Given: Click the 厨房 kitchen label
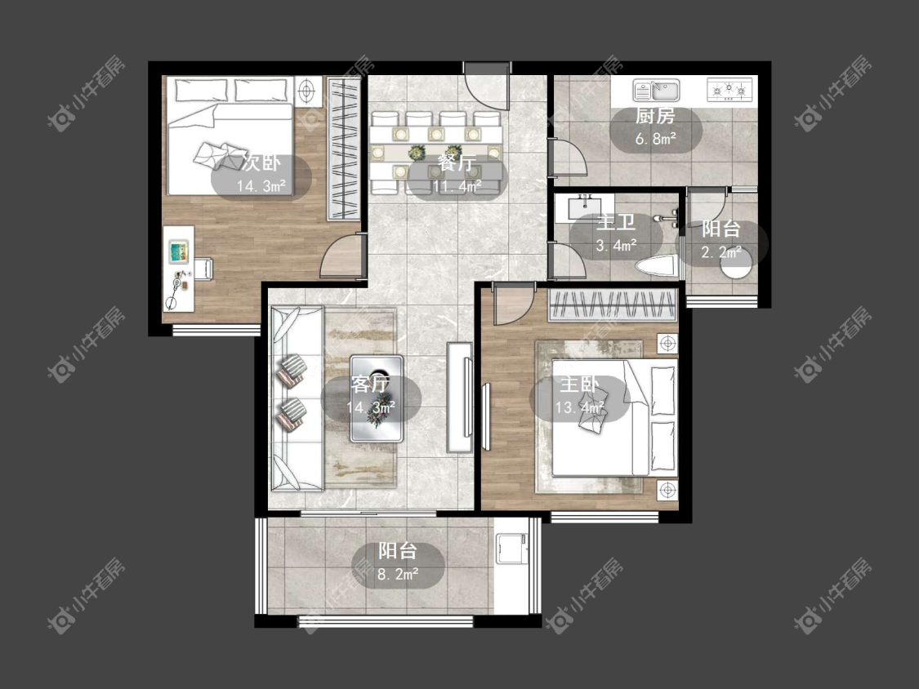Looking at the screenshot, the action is click(655, 116).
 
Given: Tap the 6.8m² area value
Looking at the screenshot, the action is click(656, 139).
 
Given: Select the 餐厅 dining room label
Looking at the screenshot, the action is click(457, 162).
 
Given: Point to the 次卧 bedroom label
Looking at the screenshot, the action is click(261, 163).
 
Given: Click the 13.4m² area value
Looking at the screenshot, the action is click(580, 407).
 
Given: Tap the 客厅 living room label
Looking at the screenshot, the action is click(370, 385).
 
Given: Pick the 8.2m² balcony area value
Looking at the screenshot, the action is click(398, 574).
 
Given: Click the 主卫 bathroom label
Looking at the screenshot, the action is click(616, 223).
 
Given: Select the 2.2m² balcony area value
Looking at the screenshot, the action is click(721, 252).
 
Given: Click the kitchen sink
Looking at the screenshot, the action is click(656, 91).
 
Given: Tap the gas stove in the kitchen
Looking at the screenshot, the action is click(729, 91).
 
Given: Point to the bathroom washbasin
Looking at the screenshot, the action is click(584, 207).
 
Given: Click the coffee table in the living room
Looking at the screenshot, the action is click(377, 398).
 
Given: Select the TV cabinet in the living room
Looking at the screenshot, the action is click(460, 398).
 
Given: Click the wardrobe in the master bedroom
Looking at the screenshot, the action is click(613, 305).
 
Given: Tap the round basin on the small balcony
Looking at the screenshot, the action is click(735, 267).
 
